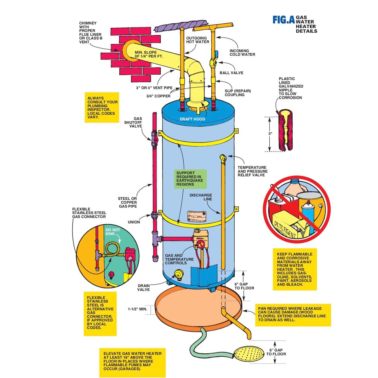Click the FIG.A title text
283,20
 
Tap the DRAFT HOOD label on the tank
192,119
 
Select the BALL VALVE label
232,73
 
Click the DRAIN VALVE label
144,288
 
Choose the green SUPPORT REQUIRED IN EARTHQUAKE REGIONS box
190,179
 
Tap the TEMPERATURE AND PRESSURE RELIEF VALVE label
252,171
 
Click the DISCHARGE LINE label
201,197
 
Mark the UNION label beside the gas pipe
134,222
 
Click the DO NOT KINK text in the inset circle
113,232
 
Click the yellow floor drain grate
247,355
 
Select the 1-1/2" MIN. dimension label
138,309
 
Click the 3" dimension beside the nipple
270,134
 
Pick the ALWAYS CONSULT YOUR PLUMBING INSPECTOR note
103,107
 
